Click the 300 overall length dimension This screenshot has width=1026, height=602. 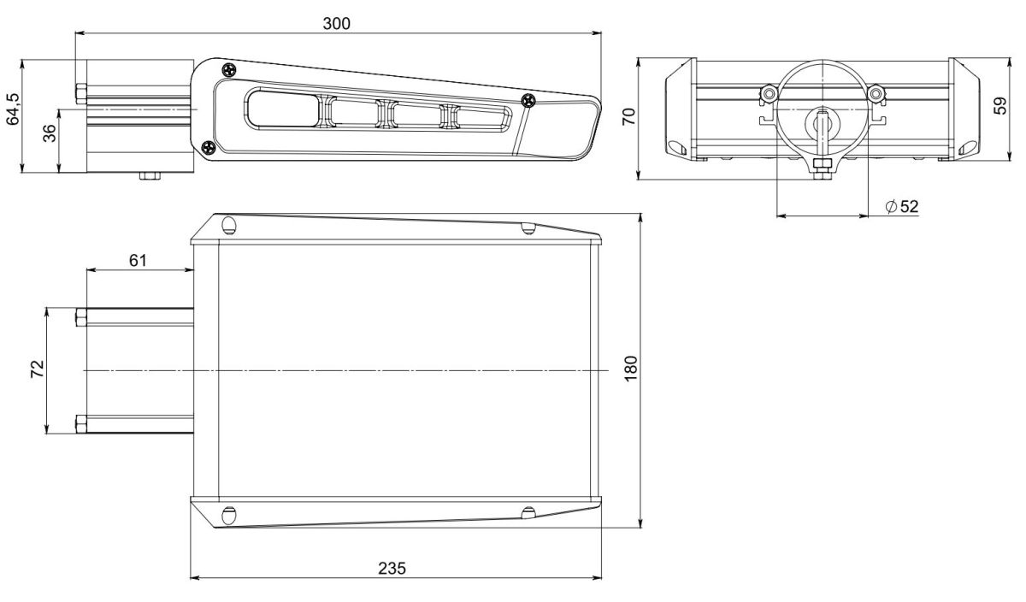pos(336,23)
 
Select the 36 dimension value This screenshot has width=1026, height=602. pos(49,133)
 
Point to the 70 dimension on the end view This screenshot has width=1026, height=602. pos(628,116)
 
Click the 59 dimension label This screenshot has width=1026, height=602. pos(1000,105)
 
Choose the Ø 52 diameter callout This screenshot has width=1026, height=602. pos(902,207)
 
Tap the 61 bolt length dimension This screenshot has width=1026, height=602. pos(138,260)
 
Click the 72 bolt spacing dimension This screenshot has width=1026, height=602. pos(37,369)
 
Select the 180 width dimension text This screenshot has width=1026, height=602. pos(630,368)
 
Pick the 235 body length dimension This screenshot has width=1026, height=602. pos(392,568)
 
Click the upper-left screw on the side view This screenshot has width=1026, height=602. pos(229,71)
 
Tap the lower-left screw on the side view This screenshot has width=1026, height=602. pos(209,148)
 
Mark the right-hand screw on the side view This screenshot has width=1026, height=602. pos(528,99)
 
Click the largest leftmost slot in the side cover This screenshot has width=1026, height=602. pos(282,109)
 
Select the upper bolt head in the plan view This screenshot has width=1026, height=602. pos(81,316)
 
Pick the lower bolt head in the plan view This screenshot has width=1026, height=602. pos(81,424)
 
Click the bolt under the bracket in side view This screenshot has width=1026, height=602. pos(150,176)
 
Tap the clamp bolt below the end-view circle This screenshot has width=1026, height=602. pos(823,168)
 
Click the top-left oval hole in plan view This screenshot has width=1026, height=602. pos(228,225)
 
